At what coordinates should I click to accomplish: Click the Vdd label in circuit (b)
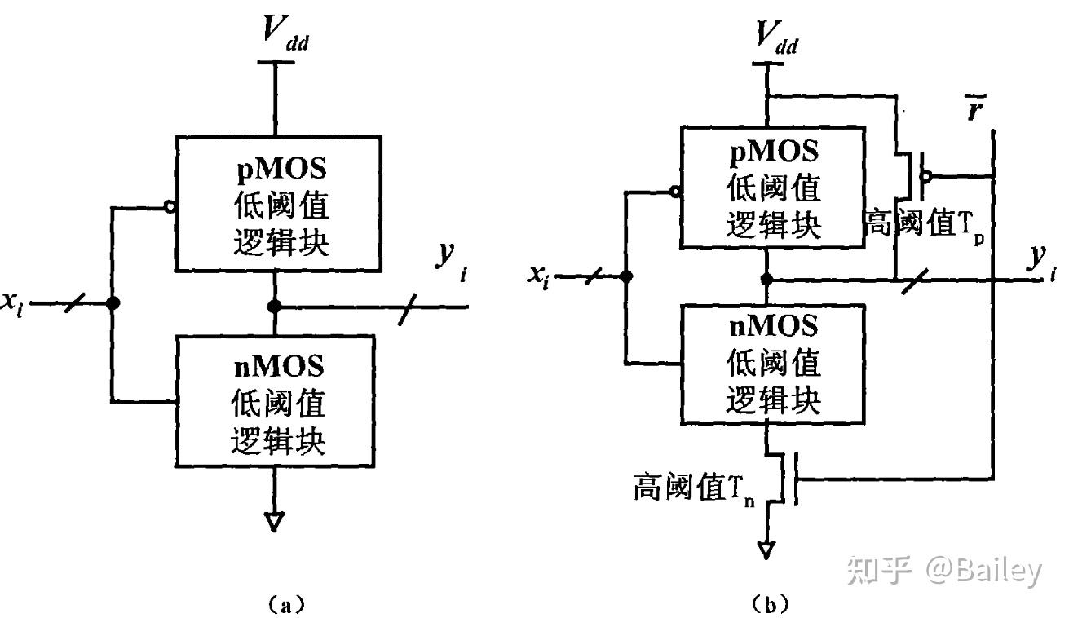point(775,38)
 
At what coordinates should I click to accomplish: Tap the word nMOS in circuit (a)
point(277,366)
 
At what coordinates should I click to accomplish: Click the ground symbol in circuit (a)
point(276,521)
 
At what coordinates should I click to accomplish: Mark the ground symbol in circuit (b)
point(766,552)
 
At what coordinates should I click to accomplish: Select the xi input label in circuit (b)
point(537,278)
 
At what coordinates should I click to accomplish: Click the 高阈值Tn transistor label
point(695,488)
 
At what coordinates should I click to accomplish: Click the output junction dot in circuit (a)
point(276,307)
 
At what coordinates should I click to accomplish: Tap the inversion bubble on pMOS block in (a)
point(170,207)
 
